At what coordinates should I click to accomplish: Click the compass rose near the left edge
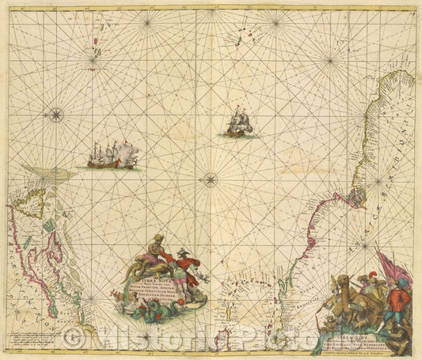(x=55, y=115)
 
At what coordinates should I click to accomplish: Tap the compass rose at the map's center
(x=211, y=179)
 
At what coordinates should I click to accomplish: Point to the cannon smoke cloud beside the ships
(x=129, y=151)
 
